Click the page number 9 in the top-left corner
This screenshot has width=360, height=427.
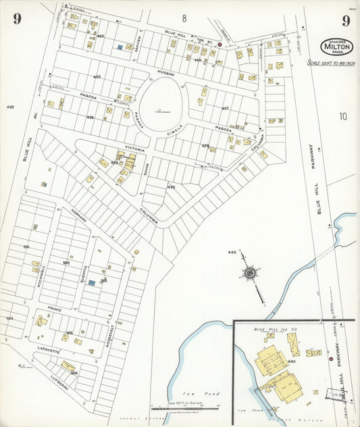coord(16,20)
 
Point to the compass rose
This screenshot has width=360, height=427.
coord(251,273)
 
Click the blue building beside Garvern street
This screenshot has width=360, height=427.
coord(120,47)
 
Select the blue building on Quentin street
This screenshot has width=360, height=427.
coord(91,282)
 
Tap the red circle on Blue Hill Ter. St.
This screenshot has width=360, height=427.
coord(220,45)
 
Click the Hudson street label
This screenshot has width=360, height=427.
coord(166,72)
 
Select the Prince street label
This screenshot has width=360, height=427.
coord(55,309)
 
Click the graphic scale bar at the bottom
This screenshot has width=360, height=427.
coord(193,408)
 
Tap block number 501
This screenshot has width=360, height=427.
coord(26,247)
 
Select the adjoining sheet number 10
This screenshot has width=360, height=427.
coord(343,116)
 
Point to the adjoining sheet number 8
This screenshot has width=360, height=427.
coord(183,18)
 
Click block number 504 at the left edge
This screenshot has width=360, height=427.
coord(9,318)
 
